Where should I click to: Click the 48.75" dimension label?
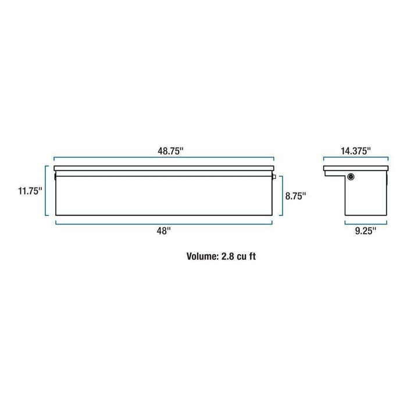pyautogui.click(x=165, y=151)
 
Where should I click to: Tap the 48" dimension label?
pyautogui.click(x=165, y=231)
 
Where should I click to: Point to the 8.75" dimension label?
pyautogui.click(x=295, y=196)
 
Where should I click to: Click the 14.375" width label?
pyautogui.click(x=355, y=151)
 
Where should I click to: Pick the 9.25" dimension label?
pyautogui.click(x=365, y=231)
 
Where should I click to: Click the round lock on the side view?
pyautogui.click(x=351, y=177)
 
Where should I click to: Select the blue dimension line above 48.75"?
pyautogui.click(x=165, y=158)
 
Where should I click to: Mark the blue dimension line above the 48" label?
pyautogui.click(x=165, y=223)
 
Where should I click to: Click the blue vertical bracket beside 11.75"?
pyautogui.click(x=46, y=191)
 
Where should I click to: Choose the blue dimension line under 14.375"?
pyautogui.click(x=355, y=158)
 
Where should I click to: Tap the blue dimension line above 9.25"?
pyautogui.click(x=366, y=223)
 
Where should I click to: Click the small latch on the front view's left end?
pyautogui.click(x=54, y=175)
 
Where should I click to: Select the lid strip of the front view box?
pyautogui.click(x=165, y=170)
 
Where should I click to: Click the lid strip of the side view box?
pyautogui.click(x=355, y=169)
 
